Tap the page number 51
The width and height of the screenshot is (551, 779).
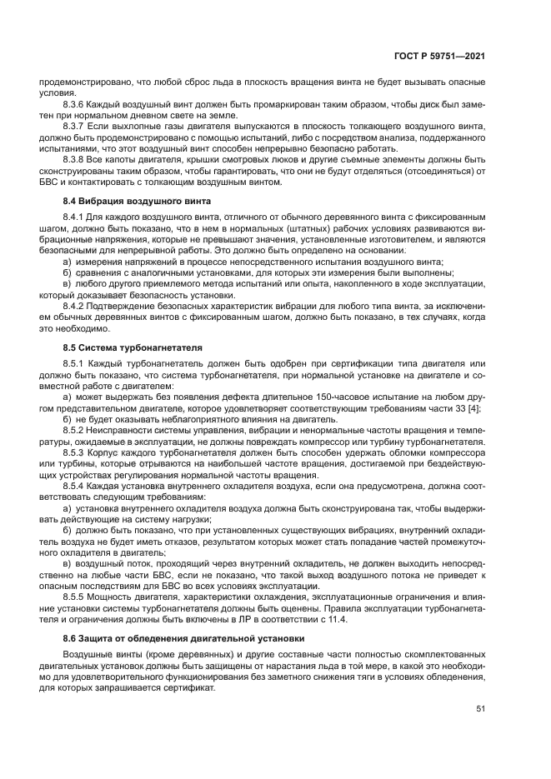click(x=480, y=708)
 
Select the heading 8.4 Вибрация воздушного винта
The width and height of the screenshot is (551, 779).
click(x=137, y=202)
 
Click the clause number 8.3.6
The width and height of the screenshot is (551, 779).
click(x=76, y=104)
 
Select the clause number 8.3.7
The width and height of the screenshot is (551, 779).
click(x=76, y=125)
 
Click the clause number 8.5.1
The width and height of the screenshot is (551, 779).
click(x=76, y=365)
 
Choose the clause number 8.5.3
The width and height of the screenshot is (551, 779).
click(x=76, y=452)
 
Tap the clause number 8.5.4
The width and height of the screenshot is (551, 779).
click(x=76, y=485)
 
